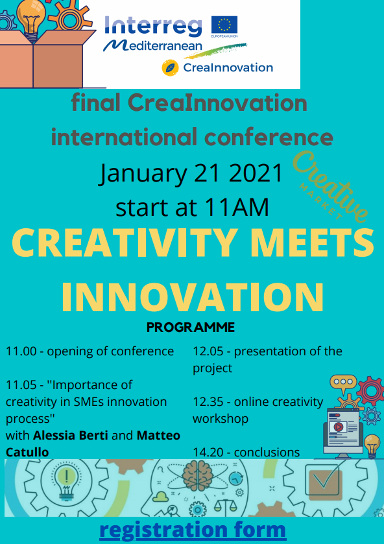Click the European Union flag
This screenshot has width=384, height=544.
pos(224,25)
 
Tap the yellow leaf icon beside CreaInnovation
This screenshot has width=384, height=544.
pos(170,67)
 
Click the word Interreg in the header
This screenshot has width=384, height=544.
pos(153,27)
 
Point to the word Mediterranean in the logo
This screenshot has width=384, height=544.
pos(153,46)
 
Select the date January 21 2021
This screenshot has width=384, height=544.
pos(191,172)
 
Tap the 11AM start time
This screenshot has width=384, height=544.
pos(237,207)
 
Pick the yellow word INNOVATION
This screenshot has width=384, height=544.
pos(193,298)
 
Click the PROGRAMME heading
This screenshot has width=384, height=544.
pos(191,327)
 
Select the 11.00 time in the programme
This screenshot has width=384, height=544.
pos(21,351)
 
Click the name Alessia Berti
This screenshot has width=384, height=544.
pos(71,436)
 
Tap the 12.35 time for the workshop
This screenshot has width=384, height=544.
pos(208,402)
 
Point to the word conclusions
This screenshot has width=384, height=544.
pos(267,453)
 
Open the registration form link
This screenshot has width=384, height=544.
pos(193,530)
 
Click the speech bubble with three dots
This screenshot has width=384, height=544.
pos(343,383)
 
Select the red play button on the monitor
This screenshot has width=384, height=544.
pos(339,427)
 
